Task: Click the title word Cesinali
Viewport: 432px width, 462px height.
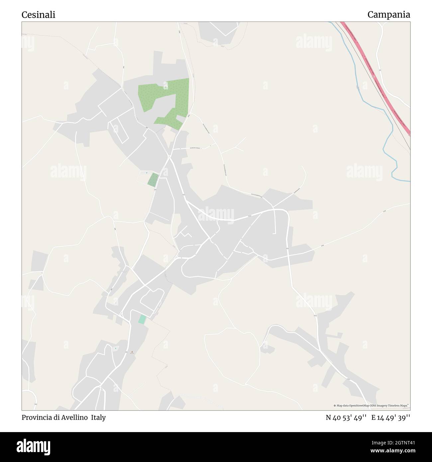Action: [38, 15]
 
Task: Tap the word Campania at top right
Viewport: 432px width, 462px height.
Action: [388, 15]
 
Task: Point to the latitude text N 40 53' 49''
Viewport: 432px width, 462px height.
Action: [346, 417]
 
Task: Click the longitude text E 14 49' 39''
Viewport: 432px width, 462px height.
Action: [391, 417]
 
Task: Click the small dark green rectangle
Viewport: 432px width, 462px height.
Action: [153, 180]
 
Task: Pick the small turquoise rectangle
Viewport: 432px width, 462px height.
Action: [142, 319]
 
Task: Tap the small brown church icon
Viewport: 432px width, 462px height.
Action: [132, 352]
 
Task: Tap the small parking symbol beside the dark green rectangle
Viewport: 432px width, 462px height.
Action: [147, 173]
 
